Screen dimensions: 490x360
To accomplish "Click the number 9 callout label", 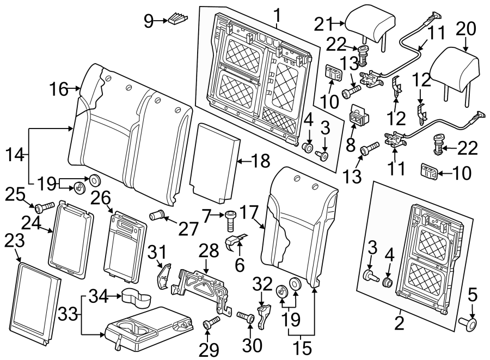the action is pyautogui.click(x=149, y=21).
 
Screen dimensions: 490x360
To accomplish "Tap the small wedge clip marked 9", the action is pyautogui.click(x=177, y=19).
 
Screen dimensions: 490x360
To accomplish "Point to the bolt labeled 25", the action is pyautogui.click(x=43, y=207).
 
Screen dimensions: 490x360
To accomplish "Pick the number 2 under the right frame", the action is pyautogui.click(x=399, y=324).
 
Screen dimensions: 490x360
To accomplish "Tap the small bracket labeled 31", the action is pyautogui.click(x=163, y=275).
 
